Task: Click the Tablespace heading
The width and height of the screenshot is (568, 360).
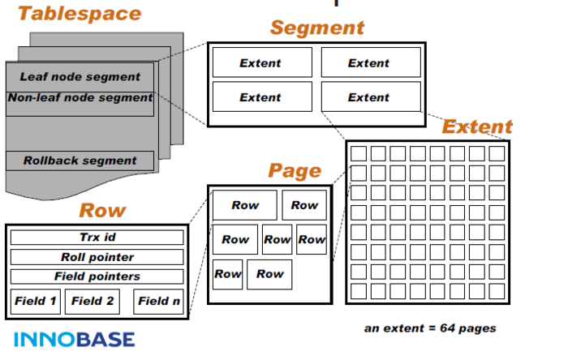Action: click(80, 14)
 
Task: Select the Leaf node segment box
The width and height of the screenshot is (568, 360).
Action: click(80, 77)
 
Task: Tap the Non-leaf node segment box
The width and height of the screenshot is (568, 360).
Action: click(80, 98)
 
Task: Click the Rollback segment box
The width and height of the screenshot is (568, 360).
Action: click(80, 161)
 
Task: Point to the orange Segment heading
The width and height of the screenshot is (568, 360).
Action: click(316, 28)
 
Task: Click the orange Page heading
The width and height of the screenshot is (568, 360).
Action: click(294, 170)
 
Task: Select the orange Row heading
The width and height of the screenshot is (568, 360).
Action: click(102, 211)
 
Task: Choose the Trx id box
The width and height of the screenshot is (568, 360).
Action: click(97, 238)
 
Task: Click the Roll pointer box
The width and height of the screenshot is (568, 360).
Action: click(97, 257)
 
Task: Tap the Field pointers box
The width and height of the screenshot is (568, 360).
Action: click(97, 276)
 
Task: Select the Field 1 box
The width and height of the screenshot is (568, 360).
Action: click(36, 302)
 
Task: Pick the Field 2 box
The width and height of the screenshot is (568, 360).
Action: click(93, 302)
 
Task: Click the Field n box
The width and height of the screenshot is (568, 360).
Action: click(159, 302)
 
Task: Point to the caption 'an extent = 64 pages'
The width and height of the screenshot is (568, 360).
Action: click(430, 328)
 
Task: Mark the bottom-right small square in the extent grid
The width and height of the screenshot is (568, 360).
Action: click(496, 290)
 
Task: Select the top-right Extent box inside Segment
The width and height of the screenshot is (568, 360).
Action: click(370, 62)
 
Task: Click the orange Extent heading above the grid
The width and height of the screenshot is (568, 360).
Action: click(477, 126)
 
